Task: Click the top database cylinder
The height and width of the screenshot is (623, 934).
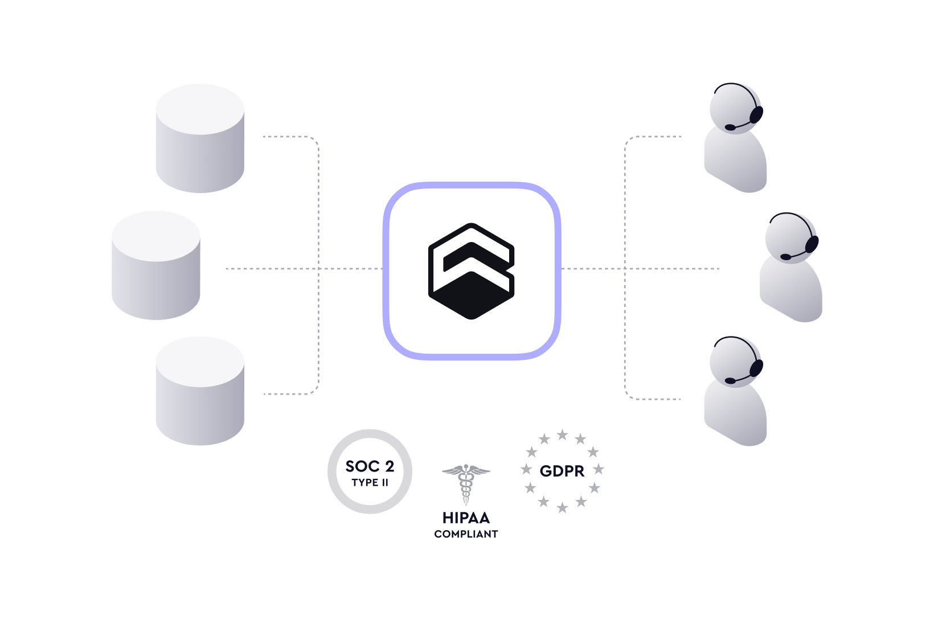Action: (200, 138)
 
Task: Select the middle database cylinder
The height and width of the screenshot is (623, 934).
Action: (156, 265)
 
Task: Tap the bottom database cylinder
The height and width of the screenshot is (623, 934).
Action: (200, 391)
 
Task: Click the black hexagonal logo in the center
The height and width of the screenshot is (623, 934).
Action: (471, 271)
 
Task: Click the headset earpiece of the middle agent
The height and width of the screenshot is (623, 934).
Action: (812, 244)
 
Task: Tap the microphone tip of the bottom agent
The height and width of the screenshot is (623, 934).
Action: (730, 381)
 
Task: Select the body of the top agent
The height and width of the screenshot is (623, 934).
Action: (736, 161)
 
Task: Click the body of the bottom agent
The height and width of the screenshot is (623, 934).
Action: (736, 413)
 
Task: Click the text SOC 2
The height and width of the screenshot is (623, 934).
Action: (370, 466)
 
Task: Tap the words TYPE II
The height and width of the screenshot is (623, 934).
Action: (370, 482)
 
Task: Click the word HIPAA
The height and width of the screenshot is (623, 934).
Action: (466, 518)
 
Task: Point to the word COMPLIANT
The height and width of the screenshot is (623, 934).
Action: (466, 534)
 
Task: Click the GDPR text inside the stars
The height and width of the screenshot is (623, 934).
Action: (562, 471)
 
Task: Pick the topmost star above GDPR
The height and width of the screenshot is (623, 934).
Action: (563, 435)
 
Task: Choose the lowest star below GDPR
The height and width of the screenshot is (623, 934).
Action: (563, 507)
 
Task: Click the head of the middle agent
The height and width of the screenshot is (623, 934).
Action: (791, 239)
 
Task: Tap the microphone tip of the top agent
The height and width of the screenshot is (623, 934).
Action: (730, 127)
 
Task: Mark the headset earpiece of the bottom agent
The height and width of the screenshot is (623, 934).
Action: (756, 368)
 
